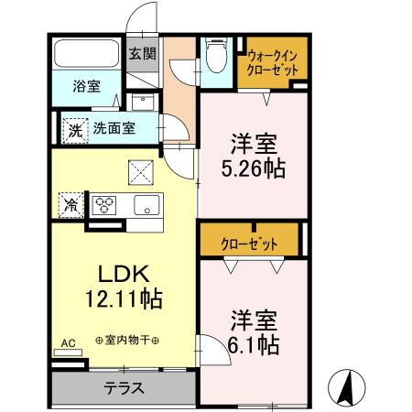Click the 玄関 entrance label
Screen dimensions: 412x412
pyautogui.click(x=142, y=53)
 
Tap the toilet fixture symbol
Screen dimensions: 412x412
pyautogui.click(x=216, y=56)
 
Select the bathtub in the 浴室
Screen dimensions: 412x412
pyautogui.click(x=84, y=56)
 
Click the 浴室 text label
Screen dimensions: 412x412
pyautogui.click(x=89, y=87)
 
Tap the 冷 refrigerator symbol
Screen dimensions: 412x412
pyautogui.click(x=70, y=204)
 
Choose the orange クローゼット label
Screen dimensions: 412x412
pyautogui.click(x=249, y=244)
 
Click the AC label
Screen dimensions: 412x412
pyautogui.click(x=68, y=344)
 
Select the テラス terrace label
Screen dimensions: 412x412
pyautogui.click(x=123, y=387)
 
